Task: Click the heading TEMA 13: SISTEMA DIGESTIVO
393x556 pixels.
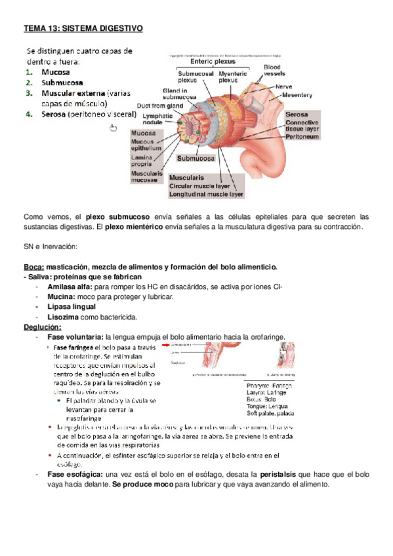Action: (x=83, y=29)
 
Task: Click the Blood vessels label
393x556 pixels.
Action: (x=274, y=70)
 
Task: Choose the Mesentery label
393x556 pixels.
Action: (x=297, y=95)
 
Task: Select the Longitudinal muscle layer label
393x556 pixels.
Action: (x=206, y=195)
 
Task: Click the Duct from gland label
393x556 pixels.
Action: (x=159, y=105)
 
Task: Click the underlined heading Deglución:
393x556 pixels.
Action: (x=43, y=327)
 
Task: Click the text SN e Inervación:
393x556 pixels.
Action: (x=50, y=246)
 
